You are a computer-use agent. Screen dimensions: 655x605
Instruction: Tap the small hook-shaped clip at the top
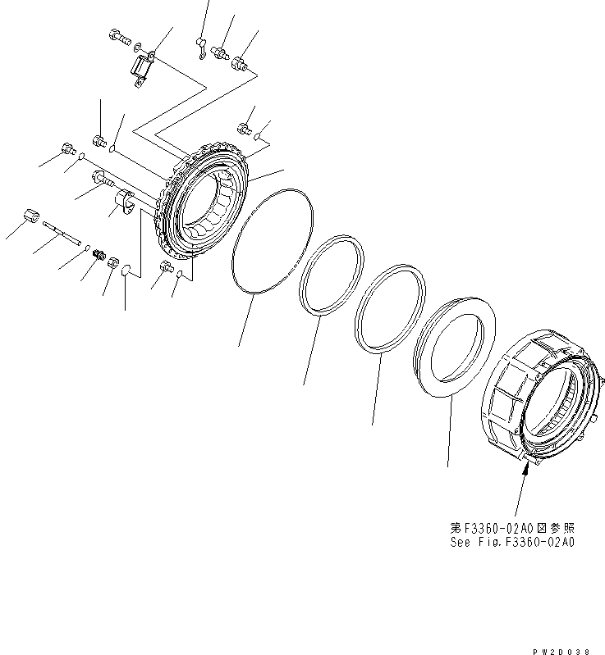pyautogui.click(x=199, y=48)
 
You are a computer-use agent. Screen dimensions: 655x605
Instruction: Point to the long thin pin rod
pyautogui.click(x=63, y=234)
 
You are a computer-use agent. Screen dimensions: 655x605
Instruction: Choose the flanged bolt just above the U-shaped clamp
pyautogui.click(x=102, y=176)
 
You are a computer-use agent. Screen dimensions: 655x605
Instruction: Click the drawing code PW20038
pyautogui.click(x=567, y=650)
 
